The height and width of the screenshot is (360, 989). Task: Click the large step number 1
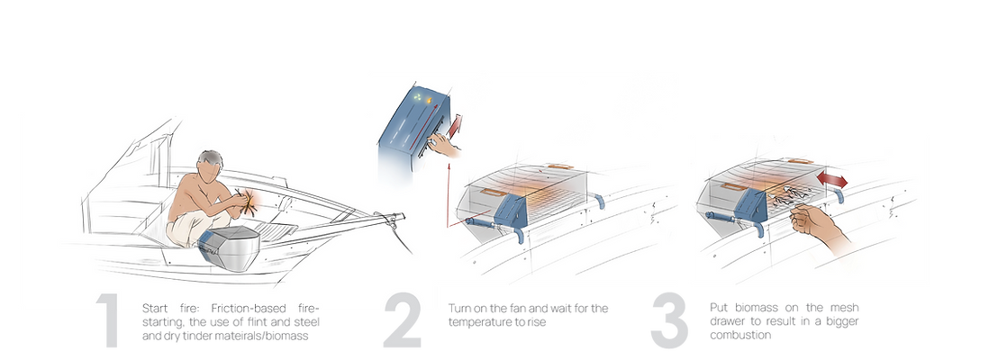pyautogui.click(x=108, y=320)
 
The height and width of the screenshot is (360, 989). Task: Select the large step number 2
pyautogui.click(x=403, y=320)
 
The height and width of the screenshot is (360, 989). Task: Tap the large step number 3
pyautogui.click(x=669, y=321)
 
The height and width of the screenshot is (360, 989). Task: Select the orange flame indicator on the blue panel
pyautogui.click(x=429, y=99)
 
